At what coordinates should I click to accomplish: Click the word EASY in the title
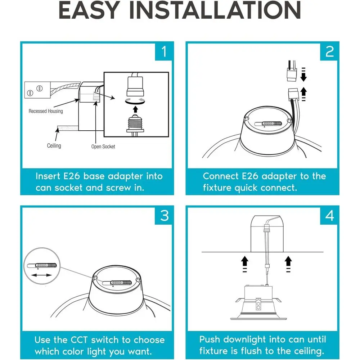tap(89, 10)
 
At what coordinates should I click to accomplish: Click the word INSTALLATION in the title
tap(215, 10)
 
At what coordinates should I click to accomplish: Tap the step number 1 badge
tap(164, 51)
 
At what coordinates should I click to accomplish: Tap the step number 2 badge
tap(329, 51)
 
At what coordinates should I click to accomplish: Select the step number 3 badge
tap(164, 216)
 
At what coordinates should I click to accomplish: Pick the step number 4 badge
tap(329, 216)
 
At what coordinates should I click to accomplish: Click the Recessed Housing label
tap(46, 111)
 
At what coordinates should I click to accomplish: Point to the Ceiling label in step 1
tap(54, 146)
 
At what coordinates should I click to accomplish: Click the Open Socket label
tap(103, 147)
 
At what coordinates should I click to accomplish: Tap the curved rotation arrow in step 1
tap(135, 101)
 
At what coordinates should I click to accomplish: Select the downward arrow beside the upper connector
tap(303, 75)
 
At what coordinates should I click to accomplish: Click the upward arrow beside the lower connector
tap(303, 94)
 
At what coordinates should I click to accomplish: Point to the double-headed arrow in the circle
tap(41, 275)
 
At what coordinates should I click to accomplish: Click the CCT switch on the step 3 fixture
tap(117, 283)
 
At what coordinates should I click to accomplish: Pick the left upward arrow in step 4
tap(245, 264)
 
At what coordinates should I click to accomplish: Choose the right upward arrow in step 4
tap(288, 264)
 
